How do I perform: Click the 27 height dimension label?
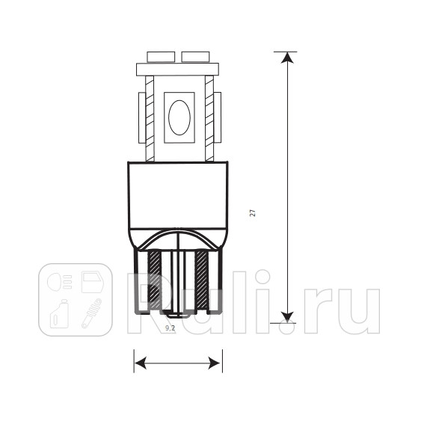coord(253,213)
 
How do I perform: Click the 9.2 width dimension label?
coord(170,328)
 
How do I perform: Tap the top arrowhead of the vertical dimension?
coord(287,58)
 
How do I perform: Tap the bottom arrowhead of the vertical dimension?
coord(287,317)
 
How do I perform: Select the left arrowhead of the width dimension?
coord(141,363)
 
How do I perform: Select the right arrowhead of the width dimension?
coord(214,363)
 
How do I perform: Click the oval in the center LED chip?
coord(179,117)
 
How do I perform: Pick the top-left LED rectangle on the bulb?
coord(161,57)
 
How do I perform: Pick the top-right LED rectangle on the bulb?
coord(195,57)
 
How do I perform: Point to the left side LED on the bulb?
coord(142,117)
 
